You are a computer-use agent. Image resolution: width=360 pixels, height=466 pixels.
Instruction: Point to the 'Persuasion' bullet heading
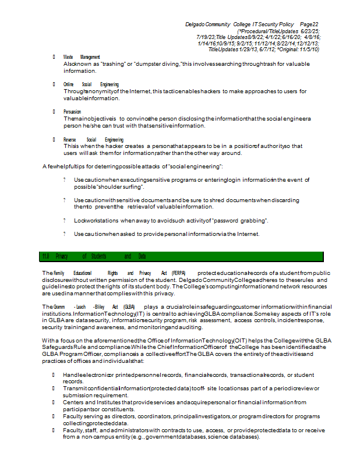click(72, 111)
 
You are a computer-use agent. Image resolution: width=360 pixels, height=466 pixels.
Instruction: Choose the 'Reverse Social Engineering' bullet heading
click(93, 140)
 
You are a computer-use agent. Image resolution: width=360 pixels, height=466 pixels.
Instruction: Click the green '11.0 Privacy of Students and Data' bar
click(181, 256)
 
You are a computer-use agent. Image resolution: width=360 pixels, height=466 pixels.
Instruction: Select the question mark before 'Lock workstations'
click(65, 221)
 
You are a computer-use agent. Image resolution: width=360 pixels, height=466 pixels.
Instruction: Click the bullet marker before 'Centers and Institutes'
click(54, 402)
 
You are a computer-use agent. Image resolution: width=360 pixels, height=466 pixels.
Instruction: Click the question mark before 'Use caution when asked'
click(65, 234)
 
